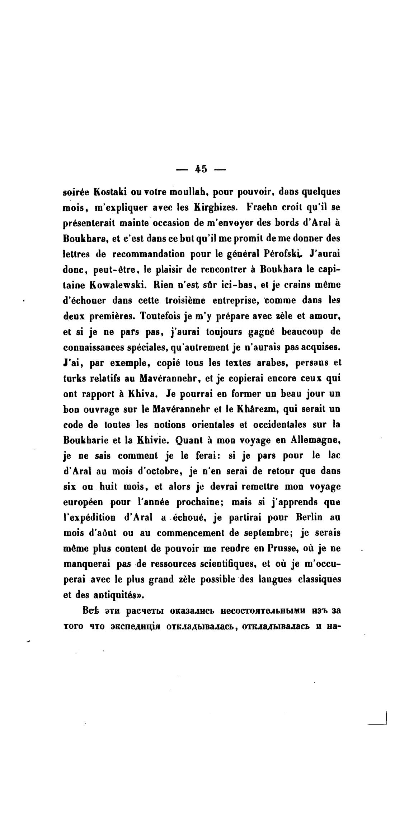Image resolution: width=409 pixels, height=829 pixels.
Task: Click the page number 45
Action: (x=201, y=169)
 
